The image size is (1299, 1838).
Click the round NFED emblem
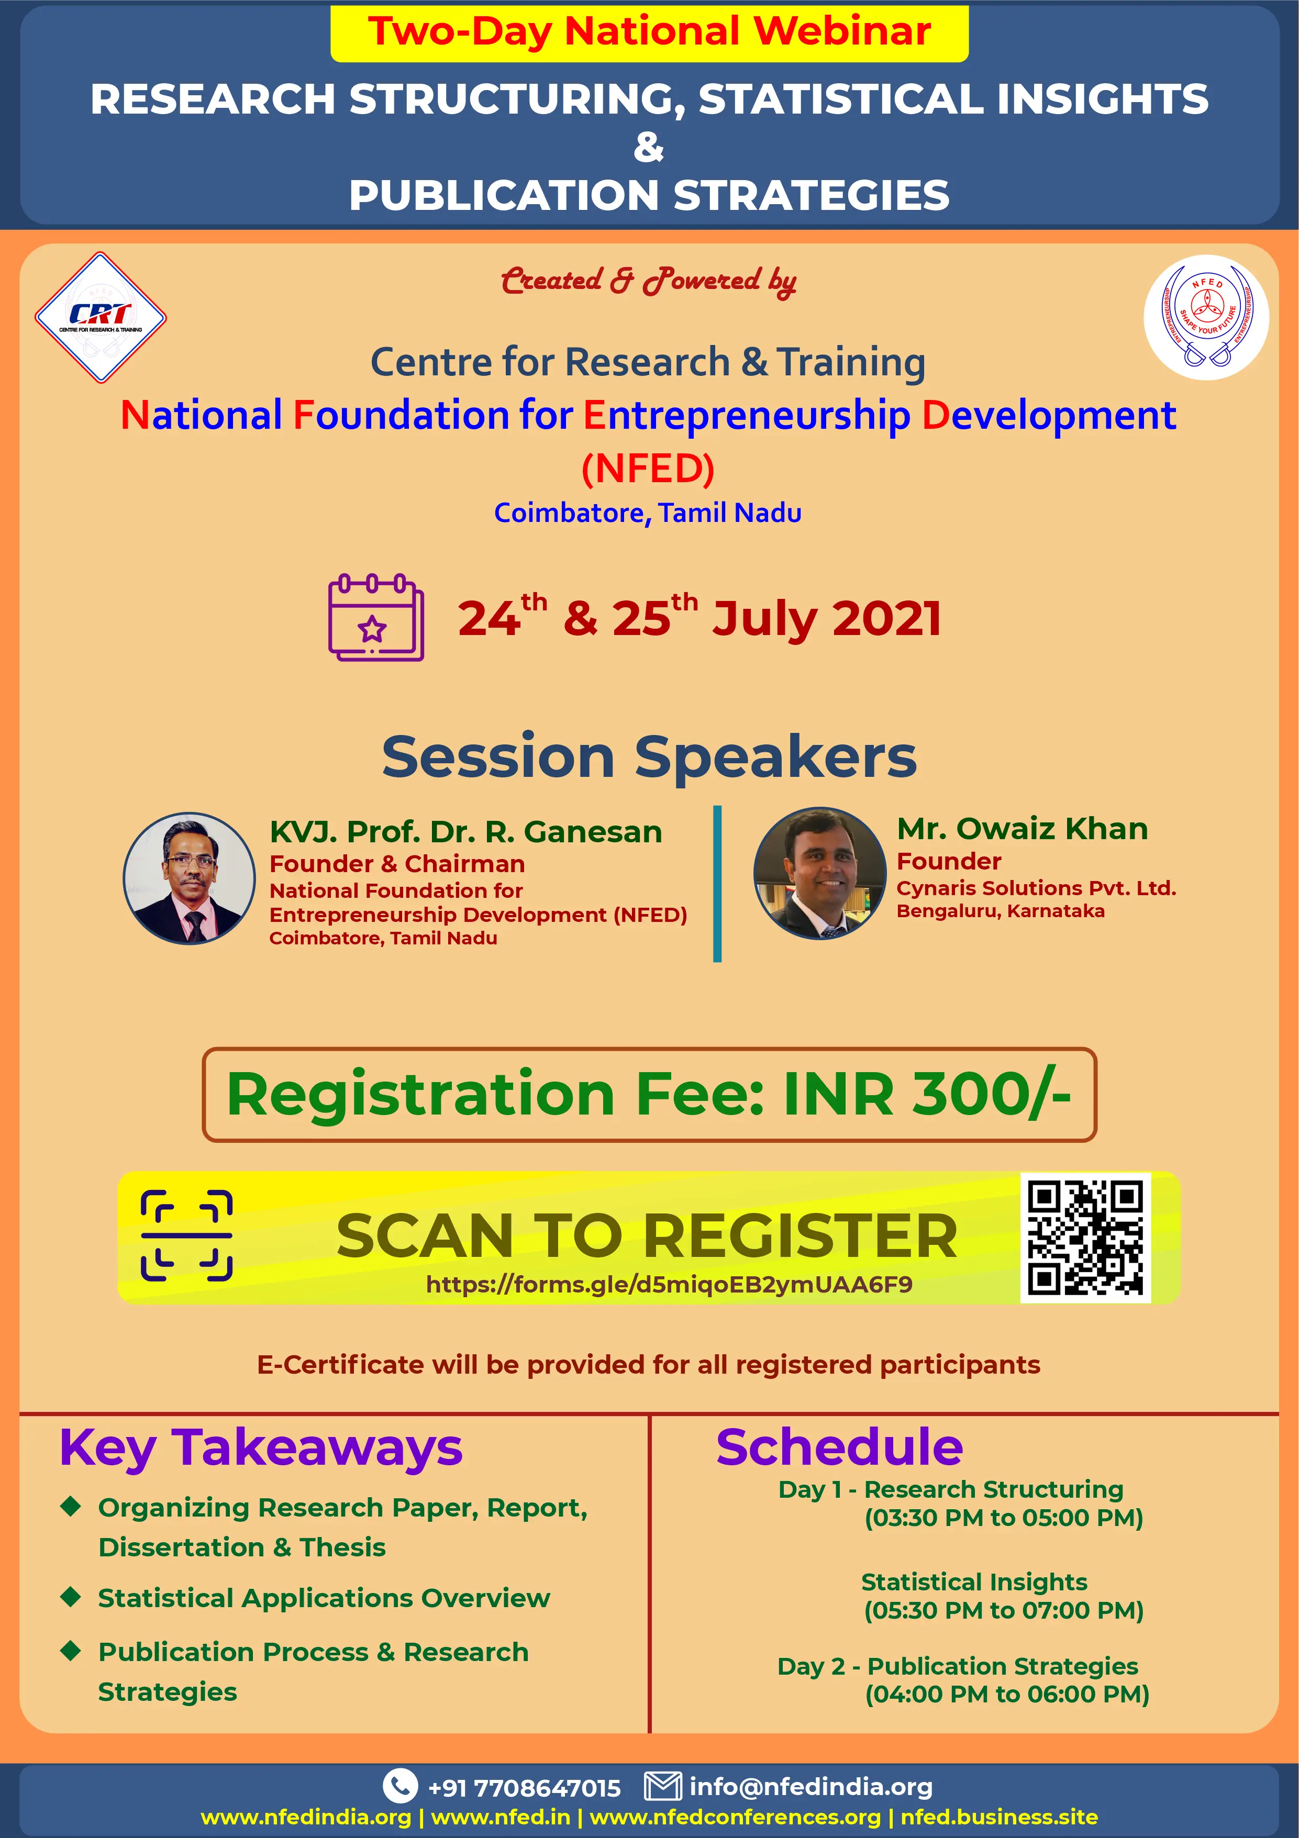point(1206,318)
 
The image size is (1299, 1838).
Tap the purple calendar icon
point(375,617)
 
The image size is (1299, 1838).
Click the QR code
point(1085,1238)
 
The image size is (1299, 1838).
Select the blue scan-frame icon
point(186,1236)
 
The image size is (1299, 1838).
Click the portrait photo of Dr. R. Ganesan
point(190,878)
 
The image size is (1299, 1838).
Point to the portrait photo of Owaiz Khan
point(820,873)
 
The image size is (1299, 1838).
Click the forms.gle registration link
point(669,1284)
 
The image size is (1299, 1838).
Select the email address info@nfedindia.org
point(811,1786)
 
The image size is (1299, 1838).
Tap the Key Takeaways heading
point(261,1449)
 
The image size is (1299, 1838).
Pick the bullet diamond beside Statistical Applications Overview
point(71,1596)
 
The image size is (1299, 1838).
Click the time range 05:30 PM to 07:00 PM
point(1004,1610)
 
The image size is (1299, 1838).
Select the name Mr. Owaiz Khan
point(1022,829)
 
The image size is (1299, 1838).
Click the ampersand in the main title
point(649,147)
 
